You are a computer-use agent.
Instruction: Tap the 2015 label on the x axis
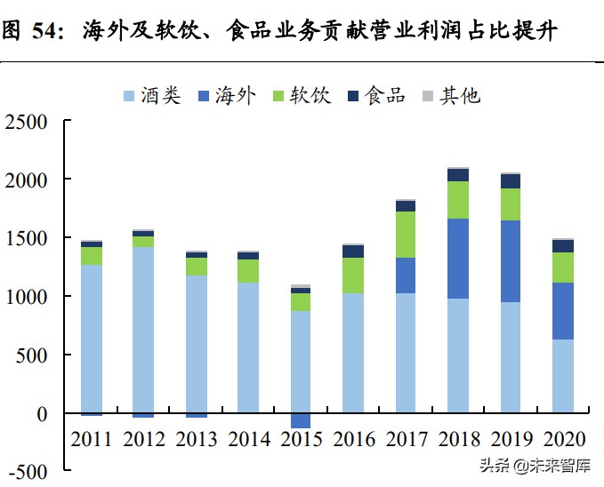[x=301, y=439]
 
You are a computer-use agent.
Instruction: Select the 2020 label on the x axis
[x=563, y=439]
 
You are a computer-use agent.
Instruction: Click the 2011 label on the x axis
[x=92, y=439]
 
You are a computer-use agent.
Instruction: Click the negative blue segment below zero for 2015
[x=301, y=420]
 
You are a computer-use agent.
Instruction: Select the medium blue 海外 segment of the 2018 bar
[x=458, y=259]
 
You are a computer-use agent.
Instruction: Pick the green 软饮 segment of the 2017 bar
[x=406, y=235]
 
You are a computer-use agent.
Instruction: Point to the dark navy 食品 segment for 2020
[x=563, y=246]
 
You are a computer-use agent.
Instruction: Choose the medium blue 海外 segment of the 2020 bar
[x=563, y=311]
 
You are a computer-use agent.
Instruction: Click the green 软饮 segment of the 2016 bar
[x=353, y=275]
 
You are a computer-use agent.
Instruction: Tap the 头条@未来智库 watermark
[x=536, y=466]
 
